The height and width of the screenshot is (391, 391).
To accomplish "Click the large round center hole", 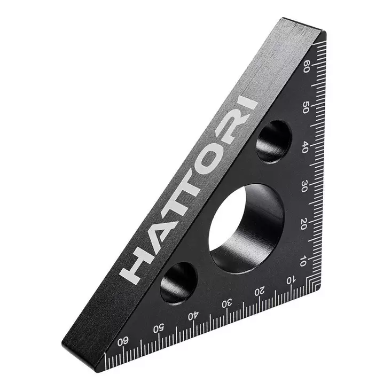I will click(x=246, y=228).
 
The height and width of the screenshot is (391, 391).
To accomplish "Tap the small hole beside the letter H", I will click(x=178, y=283).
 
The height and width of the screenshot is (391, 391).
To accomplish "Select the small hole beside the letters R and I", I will click(x=273, y=141).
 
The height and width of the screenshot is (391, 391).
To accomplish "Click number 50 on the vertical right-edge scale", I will click(x=306, y=107).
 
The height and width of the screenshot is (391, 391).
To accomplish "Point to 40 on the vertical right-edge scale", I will click(x=304, y=147).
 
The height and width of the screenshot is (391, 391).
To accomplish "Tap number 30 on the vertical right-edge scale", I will click(x=304, y=186).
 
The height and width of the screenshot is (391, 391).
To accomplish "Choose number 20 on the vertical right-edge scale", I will click(x=303, y=225).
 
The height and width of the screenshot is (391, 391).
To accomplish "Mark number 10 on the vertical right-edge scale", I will click(x=302, y=261).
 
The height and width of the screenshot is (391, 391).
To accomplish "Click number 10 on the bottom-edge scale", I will click(x=291, y=280).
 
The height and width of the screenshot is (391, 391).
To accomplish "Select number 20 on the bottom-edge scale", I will click(x=260, y=292).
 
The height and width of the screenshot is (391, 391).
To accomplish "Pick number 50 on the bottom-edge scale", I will click(x=159, y=327).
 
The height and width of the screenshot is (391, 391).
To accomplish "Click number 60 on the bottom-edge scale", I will click(x=123, y=340).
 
